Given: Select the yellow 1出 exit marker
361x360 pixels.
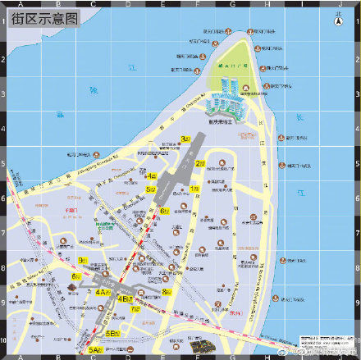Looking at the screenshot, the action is (194, 189).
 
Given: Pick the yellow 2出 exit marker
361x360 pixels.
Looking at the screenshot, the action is (199, 163).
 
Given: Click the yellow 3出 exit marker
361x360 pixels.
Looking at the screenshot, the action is (185, 139).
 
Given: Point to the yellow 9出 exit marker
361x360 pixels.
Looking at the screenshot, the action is (83, 261).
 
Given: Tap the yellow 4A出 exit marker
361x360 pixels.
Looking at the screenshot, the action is (103, 291).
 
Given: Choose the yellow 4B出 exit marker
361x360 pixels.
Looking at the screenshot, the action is (126, 299).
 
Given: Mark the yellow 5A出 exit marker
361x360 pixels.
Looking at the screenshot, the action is (95, 350).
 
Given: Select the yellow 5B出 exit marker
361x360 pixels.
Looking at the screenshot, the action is (112, 332).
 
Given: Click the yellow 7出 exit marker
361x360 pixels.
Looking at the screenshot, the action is (135, 309).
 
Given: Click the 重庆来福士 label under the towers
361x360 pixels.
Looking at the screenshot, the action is (233, 120).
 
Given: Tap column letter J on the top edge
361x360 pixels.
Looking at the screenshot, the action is (337, 4).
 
